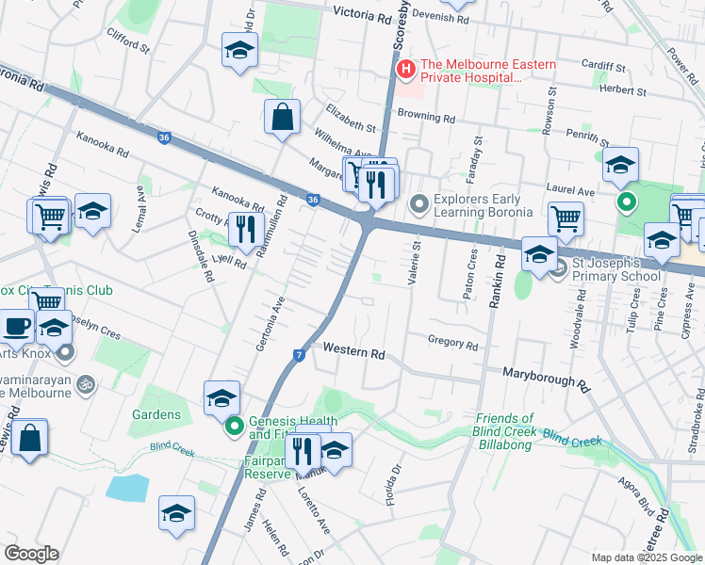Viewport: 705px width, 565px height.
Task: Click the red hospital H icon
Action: pos(406,69)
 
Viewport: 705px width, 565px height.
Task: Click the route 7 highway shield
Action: pos(298,354)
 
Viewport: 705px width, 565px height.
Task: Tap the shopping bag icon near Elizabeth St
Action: pos(282,119)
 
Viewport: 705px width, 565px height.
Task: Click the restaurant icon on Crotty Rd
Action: pos(245,231)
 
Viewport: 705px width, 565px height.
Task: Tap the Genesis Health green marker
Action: pos(234,428)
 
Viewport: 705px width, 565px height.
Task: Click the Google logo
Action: pos(31,554)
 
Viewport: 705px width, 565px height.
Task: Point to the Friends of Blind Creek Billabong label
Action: pos(504,431)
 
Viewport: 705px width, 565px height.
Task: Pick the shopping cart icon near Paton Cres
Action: pos(566,220)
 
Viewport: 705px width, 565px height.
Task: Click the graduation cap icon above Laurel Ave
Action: pos(620,166)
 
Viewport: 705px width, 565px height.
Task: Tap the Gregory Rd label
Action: pos(452,345)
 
